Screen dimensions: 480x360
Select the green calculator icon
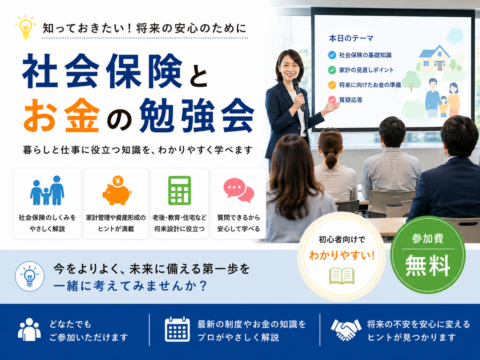[x=180, y=190]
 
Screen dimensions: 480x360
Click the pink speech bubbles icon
[x=239, y=190]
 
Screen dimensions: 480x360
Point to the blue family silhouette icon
[x=47, y=190]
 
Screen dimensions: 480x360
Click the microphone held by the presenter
[x=299, y=94]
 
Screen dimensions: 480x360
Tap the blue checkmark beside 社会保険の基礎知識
[x=332, y=55]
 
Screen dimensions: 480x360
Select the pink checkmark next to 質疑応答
[x=332, y=100]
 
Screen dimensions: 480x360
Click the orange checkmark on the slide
[x=332, y=85]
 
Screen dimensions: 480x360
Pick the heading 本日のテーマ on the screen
[x=351, y=38]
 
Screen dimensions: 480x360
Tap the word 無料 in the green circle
[x=428, y=266]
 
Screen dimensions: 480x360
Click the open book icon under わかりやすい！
[x=342, y=276]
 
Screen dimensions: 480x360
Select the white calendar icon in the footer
[x=177, y=329]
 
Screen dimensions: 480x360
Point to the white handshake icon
[x=346, y=330]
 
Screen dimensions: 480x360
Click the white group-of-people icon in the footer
[x=29, y=330]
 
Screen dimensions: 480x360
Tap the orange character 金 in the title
[x=82, y=115]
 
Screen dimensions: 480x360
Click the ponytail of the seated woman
[x=331, y=159]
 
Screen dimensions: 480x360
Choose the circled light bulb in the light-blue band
[x=30, y=276]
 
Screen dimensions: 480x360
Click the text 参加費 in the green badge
[x=428, y=239]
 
